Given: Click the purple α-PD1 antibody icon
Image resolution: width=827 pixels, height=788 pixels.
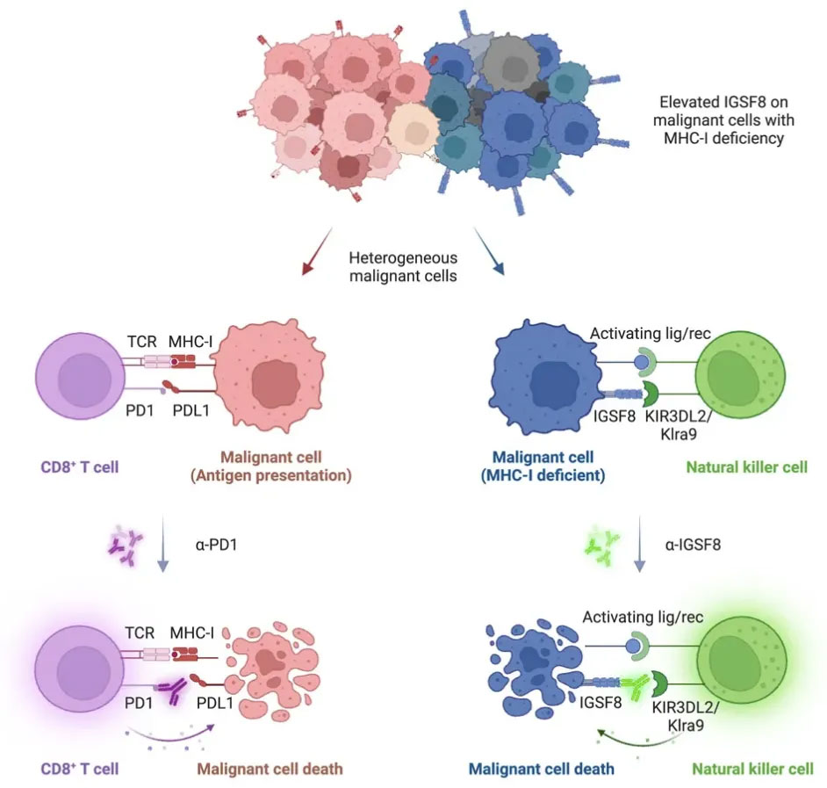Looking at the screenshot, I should (x=122, y=546).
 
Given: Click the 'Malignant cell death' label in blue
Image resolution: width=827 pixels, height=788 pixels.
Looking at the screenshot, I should (x=541, y=770).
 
